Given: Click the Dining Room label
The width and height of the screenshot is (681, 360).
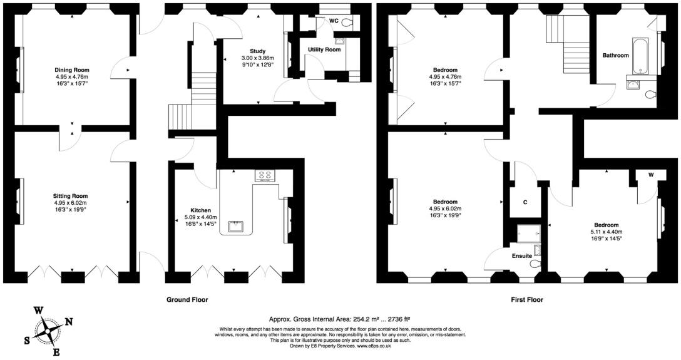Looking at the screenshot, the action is [x=72, y=70].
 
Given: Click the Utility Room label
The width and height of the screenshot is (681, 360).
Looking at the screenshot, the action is [x=324, y=49].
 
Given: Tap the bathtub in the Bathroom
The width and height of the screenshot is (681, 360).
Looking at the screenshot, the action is [x=640, y=56].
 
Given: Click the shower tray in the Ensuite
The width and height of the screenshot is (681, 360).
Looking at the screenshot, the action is [x=528, y=234].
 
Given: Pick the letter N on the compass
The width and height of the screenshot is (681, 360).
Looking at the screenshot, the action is [x=69, y=322].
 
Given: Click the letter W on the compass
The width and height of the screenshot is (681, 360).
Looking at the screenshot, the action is [x=38, y=311].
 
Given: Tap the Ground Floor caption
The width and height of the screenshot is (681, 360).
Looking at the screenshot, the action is [x=187, y=300].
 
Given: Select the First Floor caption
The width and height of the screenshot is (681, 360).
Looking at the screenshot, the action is [x=526, y=300].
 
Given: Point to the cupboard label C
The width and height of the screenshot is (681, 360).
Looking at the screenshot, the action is [x=525, y=202].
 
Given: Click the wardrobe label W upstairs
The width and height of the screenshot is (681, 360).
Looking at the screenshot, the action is [x=650, y=175].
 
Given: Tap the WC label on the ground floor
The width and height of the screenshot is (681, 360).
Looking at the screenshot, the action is [x=334, y=21].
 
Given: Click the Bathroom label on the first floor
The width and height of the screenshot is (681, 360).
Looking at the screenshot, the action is [x=615, y=55].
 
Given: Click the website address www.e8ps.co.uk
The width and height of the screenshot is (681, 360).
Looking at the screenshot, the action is [x=374, y=346].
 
